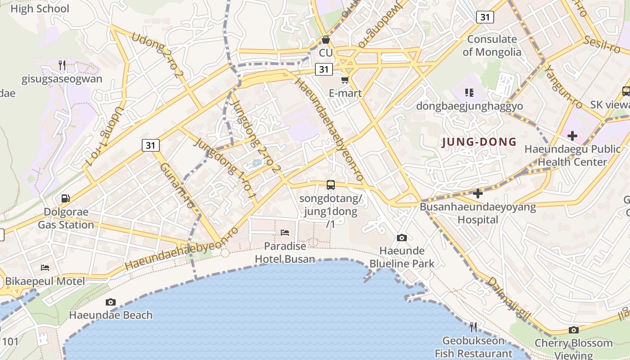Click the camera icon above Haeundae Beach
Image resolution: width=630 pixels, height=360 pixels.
[x=110, y=302]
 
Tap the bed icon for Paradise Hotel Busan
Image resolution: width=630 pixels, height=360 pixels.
[x=285, y=233]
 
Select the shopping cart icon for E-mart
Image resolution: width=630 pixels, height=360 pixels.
[x=345, y=80]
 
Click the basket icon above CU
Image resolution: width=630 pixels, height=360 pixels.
[x=326, y=40]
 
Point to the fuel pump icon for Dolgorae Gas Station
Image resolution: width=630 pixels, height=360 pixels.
[x=65, y=198]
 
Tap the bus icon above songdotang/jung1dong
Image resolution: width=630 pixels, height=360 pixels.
[x=331, y=184]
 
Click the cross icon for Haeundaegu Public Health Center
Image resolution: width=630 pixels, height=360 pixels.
[x=572, y=135]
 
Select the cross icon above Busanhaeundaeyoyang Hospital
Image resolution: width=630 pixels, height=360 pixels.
[x=478, y=193]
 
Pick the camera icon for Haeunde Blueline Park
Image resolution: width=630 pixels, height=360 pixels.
[x=402, y=238]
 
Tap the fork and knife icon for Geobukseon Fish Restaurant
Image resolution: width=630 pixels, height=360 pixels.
[x=473, y=327]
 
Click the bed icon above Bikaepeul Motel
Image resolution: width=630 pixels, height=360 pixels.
[x=45, y=268]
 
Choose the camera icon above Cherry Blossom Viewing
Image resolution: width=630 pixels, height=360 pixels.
[x=573, y=330]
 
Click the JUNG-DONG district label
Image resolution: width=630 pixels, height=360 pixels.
[x=479, y=142]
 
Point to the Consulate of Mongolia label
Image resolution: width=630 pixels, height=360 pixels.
[x=492, y=45]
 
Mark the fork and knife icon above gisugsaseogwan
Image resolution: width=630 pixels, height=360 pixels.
[x=62, y=65]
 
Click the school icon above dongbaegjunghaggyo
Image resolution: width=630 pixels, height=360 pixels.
[x=469, y=93]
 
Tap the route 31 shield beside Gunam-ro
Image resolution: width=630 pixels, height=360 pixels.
[x=151, y=145]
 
